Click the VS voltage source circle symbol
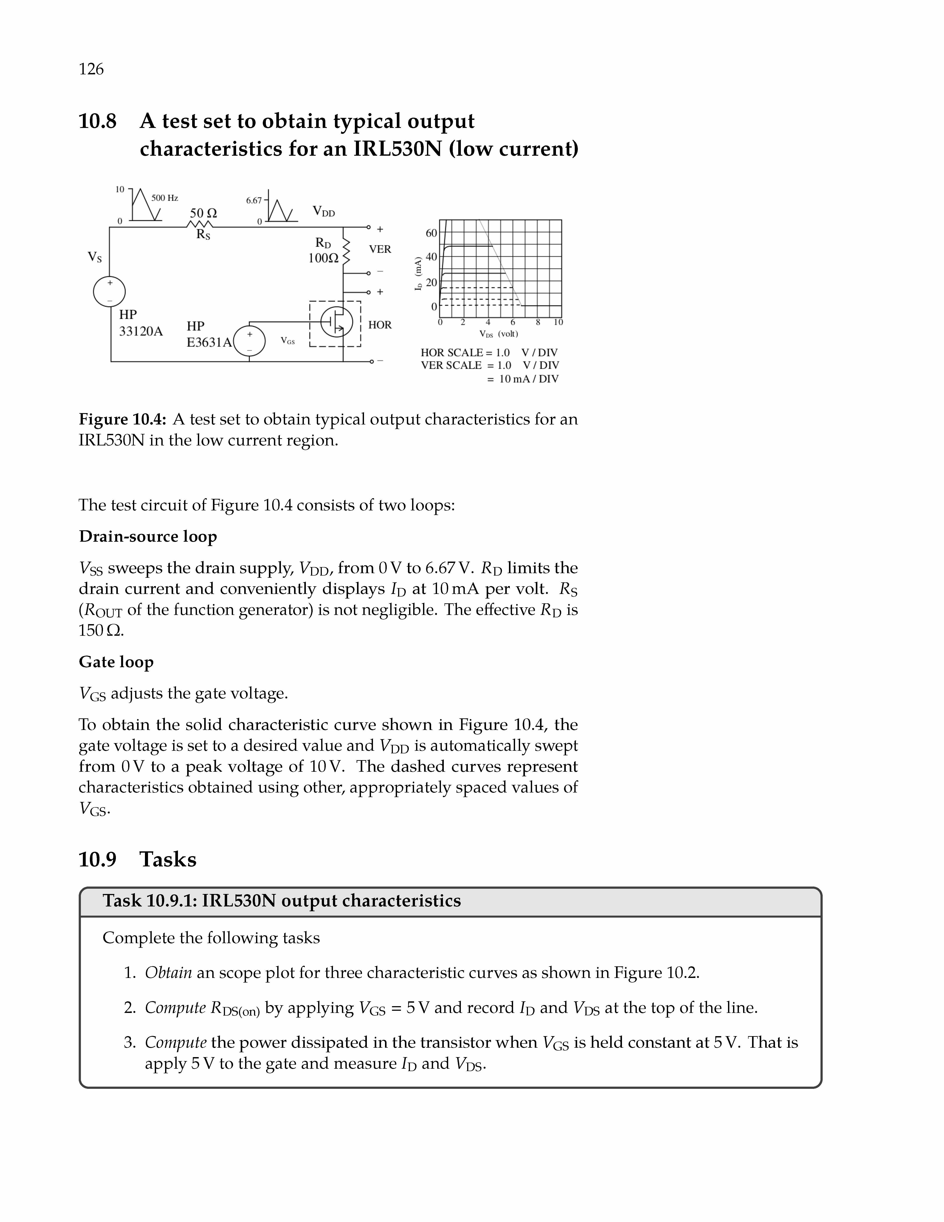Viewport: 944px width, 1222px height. [x=110, y=292]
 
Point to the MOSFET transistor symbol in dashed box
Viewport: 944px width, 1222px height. [x=336, y=322]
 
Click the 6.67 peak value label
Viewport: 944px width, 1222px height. [x=254, y=200]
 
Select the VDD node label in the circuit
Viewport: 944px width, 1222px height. [x=323, y=211]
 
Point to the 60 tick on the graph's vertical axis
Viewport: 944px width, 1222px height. [x=431, y=233]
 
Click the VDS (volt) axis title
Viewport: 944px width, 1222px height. [x=498, y=334]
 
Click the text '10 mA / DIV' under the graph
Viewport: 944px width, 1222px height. [x=528, y=379]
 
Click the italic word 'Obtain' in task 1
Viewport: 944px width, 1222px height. [x=168, y=973]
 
